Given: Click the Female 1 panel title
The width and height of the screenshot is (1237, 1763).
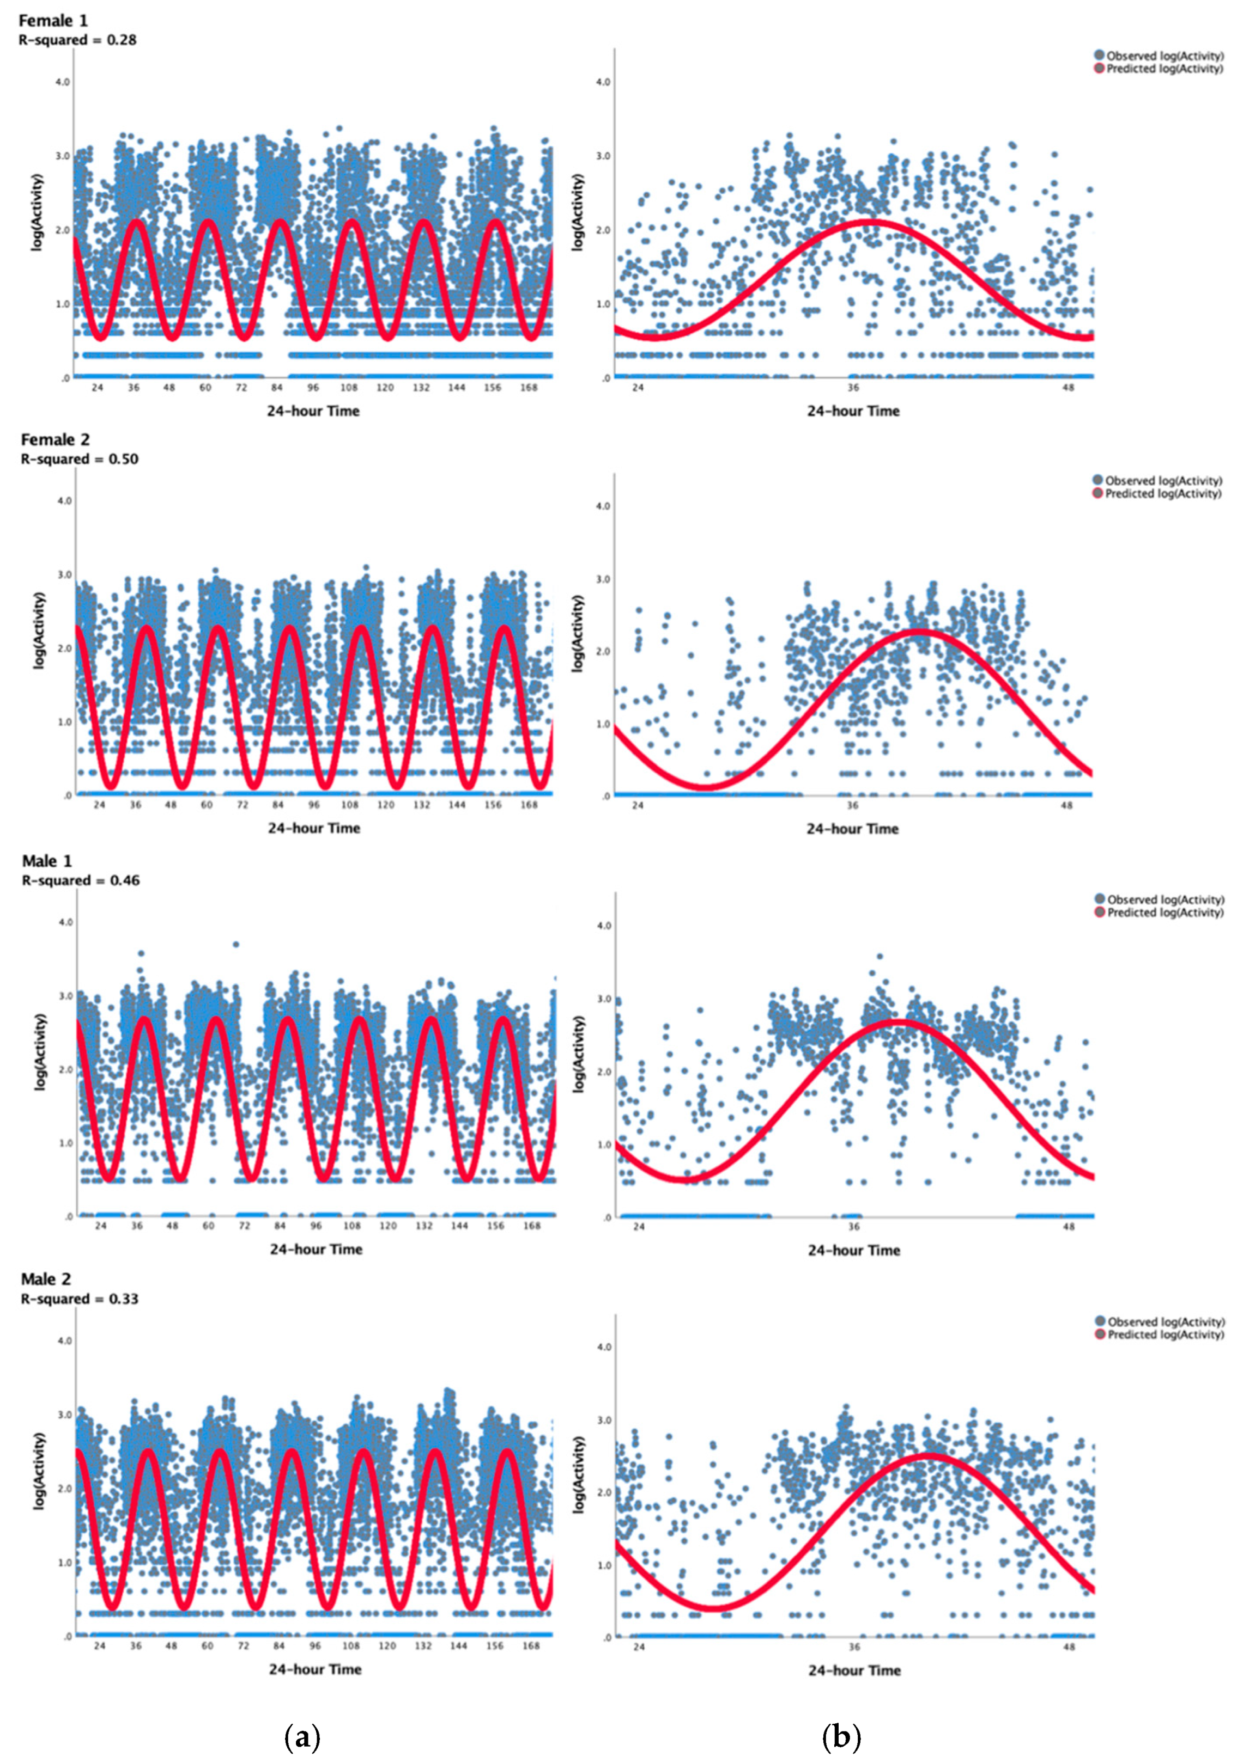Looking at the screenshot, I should tap(53, 21).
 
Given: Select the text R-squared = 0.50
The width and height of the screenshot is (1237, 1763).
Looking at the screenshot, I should tap(79, 458).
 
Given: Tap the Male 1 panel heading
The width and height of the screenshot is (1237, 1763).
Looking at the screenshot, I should tap(47, 861).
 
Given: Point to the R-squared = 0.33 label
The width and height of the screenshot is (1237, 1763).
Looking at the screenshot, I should tap(79, 1299).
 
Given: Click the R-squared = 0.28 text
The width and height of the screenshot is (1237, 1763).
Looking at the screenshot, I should tap(77, 40).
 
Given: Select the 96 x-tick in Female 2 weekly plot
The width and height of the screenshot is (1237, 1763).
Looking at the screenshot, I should tap(313, 805).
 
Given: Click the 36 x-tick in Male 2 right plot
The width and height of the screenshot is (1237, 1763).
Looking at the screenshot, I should tap(853, 1647).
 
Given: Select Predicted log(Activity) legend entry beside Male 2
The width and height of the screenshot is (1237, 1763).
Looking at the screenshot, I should tap(1163, 1335).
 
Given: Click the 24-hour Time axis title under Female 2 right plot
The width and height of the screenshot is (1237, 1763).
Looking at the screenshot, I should tap(852, 829).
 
